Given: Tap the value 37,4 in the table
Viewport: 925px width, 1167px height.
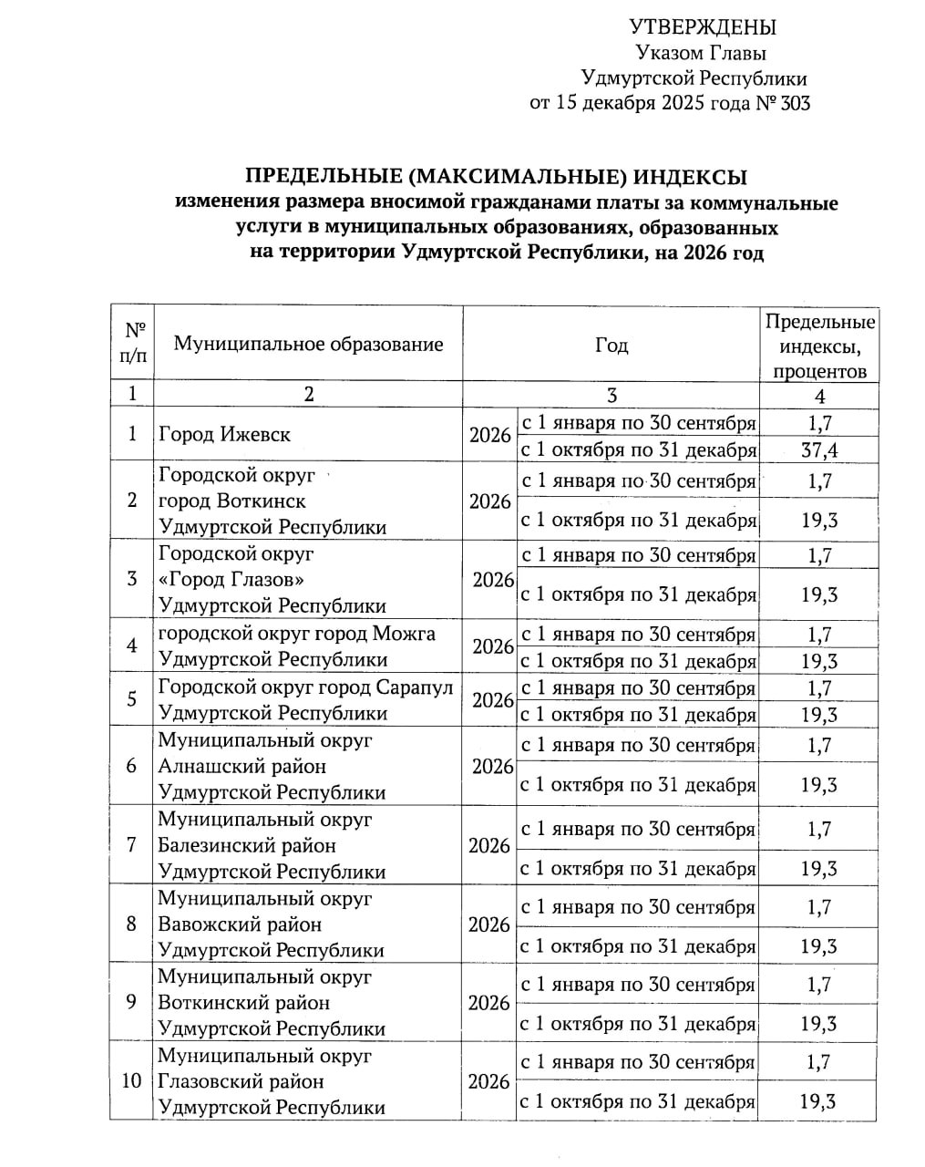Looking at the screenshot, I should pos(819,450).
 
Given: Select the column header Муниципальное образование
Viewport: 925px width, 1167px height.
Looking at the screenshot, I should pos(308,344).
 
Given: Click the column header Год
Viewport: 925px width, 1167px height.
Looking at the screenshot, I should pos(612,345).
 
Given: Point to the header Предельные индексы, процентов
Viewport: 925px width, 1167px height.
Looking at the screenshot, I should pos(819,346).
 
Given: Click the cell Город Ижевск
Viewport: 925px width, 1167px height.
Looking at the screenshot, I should pos(224,435).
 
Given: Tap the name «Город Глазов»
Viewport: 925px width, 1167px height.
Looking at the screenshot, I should pos(231,580).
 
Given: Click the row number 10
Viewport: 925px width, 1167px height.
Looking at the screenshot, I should pos(132,1081).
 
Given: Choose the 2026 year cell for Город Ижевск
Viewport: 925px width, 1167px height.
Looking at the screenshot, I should pos(489,435).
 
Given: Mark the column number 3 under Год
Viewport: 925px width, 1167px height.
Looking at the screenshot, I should pos(612,395).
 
